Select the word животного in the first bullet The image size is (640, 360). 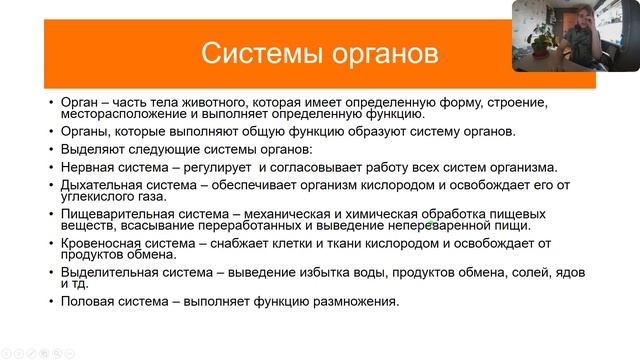point(204,101)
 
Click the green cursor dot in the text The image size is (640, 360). point(430,225)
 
